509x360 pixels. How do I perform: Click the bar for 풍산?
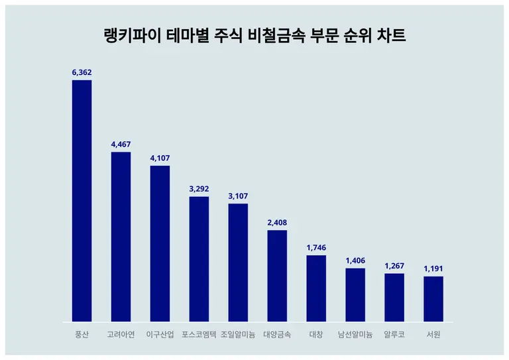[x=82, y=201]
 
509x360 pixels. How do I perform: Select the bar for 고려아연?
[x=121, y=237]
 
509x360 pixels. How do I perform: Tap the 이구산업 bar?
[x=160, y=243]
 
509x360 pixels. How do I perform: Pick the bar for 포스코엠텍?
[x=199, y=259]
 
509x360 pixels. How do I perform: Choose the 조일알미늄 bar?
[x=238, y=263]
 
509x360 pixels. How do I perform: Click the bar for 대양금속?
[x=277, y=276]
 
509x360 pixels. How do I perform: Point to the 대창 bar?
[x=316, y=288]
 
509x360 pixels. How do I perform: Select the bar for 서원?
[x=433, y=299]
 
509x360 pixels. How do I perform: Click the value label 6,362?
[x=82, y=72]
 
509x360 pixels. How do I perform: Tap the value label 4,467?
[x=121, y=144]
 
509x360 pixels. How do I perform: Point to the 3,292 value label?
[x=199, y=188]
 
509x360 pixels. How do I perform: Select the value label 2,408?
[x=277, y=222]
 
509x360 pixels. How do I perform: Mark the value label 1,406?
[x=355, y=260]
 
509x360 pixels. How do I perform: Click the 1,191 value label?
[x=433, y=269]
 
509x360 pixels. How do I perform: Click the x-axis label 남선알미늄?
[x=355, y=334]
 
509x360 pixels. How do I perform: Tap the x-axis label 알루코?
[x=394, y=334]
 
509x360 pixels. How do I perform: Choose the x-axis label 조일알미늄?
[x=238, y=334]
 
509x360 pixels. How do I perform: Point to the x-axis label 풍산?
[x=82, y=334]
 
